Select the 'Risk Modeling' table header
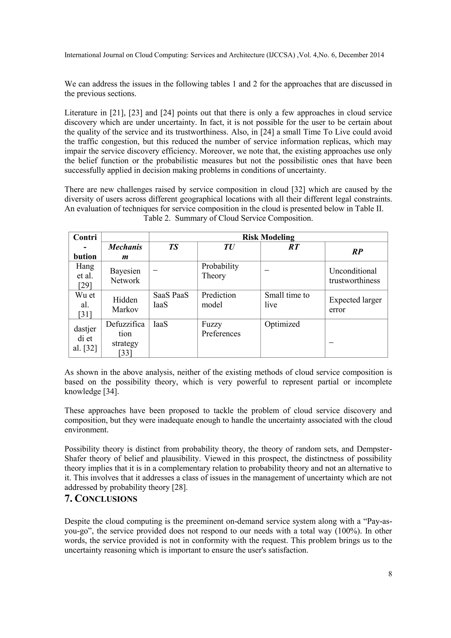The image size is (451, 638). (x=268, y=237)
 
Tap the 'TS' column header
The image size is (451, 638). (x=173, y=247)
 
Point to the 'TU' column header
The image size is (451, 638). (x=229, y=247)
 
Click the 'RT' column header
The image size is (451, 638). (x=294, y=247)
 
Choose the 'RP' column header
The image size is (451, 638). (x=357, y=251)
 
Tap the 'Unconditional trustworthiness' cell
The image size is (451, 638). (x=354, y=276)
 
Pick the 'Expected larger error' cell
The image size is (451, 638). (x=355, y=304)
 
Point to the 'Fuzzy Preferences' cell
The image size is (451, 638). (x=221, y=329)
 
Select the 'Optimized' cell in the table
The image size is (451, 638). (x=282, y=324)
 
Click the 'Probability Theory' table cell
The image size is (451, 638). (x=220, y=271)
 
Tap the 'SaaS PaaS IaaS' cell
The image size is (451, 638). (x=170, y=300)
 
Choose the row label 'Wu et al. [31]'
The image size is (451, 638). (x=85, y=304)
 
